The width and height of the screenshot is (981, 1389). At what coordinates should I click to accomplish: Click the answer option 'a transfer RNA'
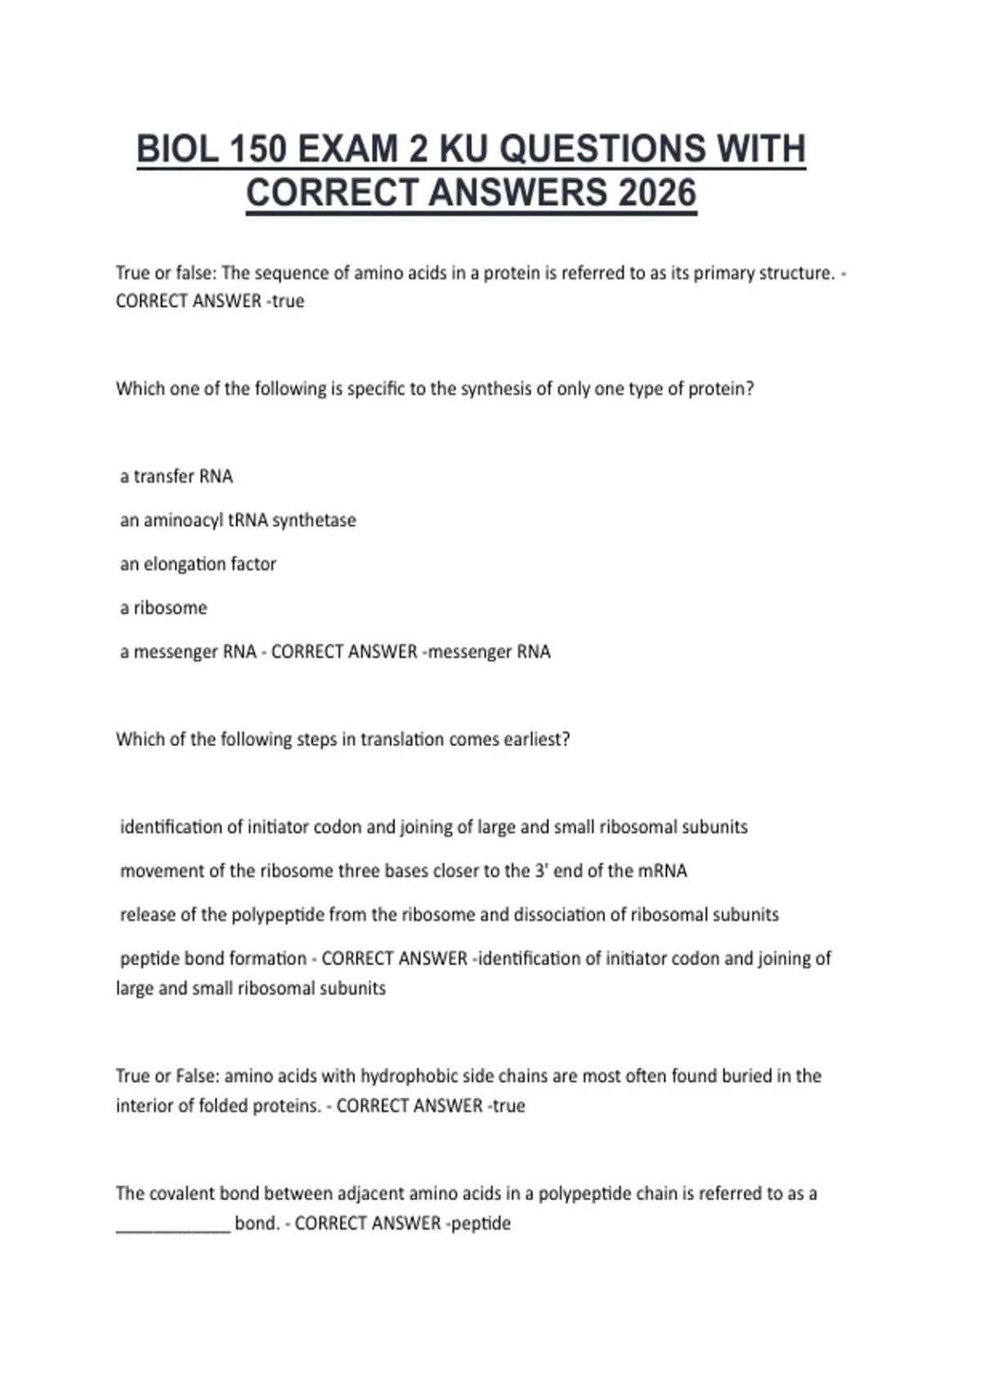[177, 476]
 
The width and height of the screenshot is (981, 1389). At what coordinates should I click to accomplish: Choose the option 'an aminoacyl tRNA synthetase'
[238, 520]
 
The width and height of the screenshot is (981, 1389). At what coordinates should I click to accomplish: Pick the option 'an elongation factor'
[198, 565]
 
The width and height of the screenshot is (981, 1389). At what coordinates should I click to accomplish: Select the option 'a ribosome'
[163, 608]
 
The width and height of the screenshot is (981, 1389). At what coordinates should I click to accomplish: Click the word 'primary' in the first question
[723, 273]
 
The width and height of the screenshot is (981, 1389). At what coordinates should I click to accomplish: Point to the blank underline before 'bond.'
[173, 1225]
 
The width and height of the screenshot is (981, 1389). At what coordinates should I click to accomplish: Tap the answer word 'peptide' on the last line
[481, 1224]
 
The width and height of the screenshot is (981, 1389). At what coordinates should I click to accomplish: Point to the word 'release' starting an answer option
[147, 915]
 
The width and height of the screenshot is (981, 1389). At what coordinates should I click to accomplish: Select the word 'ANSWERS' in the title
[517, 194]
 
